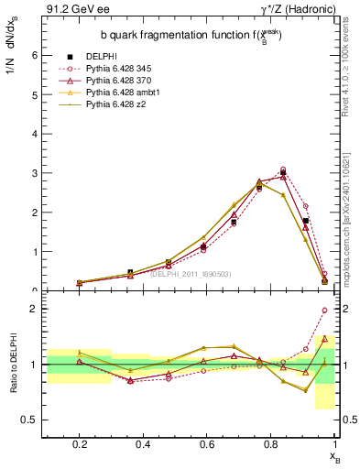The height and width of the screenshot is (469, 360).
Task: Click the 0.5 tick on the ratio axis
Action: pyautogui.click(x=29, y=420)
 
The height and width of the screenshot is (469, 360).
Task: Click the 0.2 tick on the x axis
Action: pyautogui.click(x=80, y=444)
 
